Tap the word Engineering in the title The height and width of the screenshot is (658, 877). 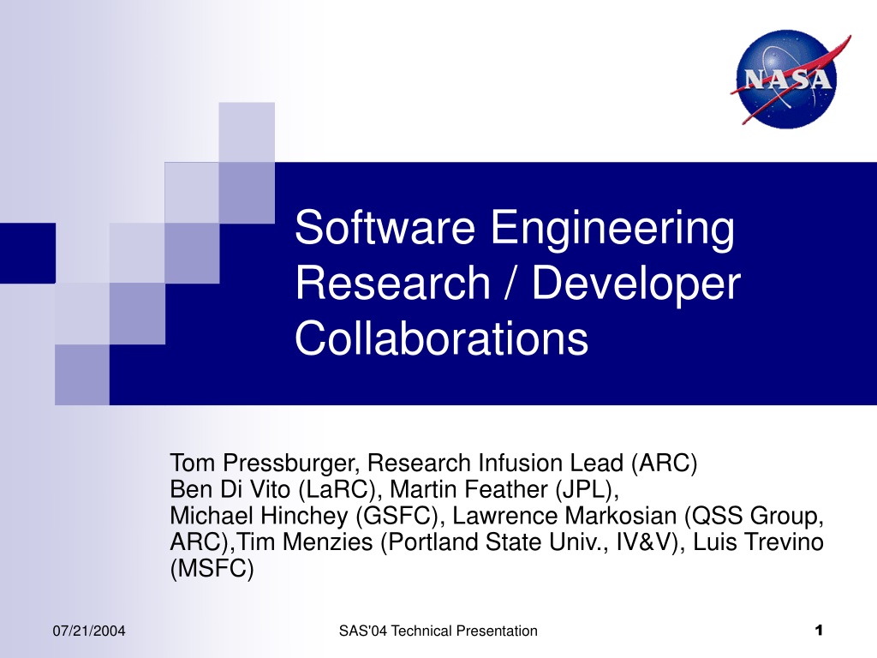[612, 230]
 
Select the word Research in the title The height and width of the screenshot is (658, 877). [392, 283]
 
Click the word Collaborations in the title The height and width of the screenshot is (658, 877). [441, 338]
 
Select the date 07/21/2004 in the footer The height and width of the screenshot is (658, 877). [89, 631]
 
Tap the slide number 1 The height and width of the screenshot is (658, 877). [819, 631]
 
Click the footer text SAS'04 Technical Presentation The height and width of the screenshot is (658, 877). [438, 631]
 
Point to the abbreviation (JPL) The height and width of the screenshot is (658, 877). [587, 489]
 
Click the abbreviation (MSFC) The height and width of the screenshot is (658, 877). [212, 569]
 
